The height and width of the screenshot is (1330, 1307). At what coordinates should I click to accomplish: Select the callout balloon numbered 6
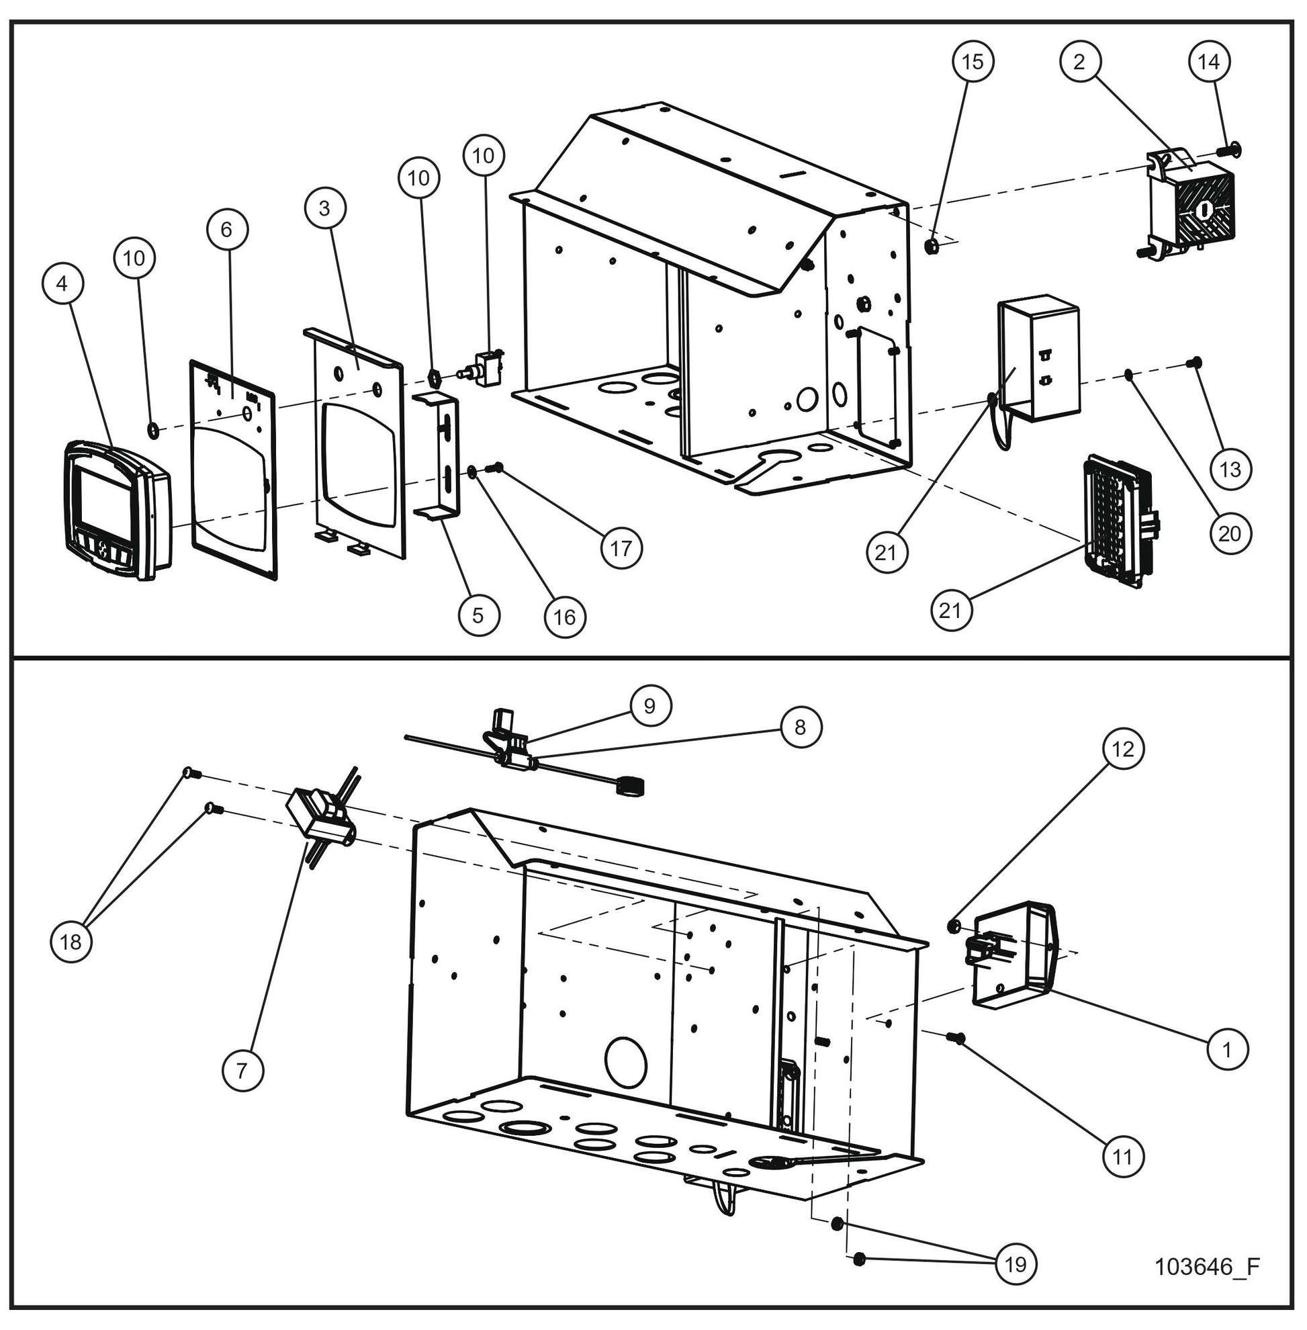(227, 229)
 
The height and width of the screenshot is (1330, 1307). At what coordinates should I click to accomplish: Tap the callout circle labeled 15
(973, 62)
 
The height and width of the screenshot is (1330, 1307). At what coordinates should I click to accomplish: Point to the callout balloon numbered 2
(1080, 62)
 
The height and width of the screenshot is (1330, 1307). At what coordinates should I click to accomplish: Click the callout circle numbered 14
(1209, 62)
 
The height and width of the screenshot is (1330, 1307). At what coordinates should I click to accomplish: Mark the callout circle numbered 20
(1230, 533)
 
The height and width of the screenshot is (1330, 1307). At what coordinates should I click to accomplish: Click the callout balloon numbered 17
(621, 548)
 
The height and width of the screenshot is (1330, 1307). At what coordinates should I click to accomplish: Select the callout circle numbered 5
(478, 615)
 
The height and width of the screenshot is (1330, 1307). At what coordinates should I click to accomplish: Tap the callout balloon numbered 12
(1123, 749)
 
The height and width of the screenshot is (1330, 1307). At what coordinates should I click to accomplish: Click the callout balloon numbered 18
(71, 942)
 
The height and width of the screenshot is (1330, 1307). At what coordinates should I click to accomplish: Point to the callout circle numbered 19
(1016, 1264)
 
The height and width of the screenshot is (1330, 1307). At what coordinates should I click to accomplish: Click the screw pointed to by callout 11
(954, 1038)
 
